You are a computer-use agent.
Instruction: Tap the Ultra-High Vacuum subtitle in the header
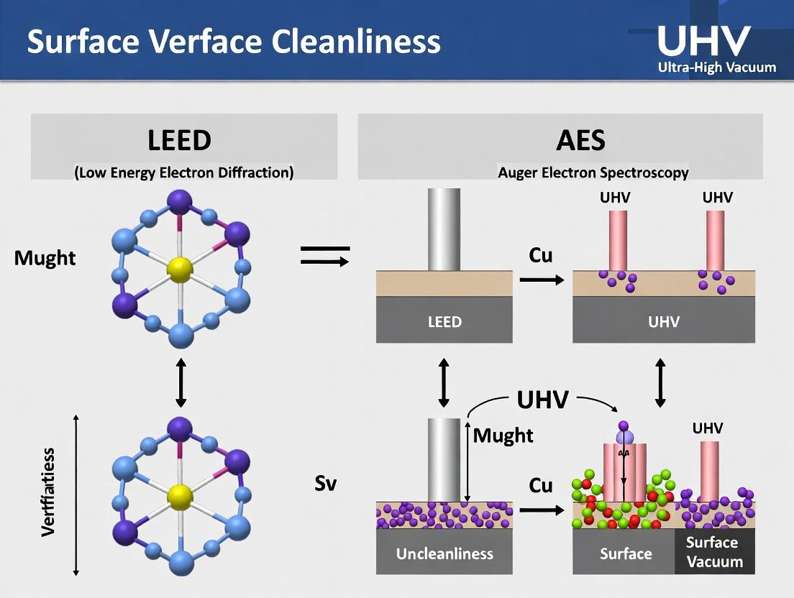pyautogui.click(x=717, y=68)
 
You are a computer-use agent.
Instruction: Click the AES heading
pyautogui.click(x=580, y=139)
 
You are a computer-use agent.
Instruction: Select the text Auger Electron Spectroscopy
pyautogui.click(x=593, y=172)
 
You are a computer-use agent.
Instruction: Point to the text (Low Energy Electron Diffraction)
pyautogui.click(x=183, y=172)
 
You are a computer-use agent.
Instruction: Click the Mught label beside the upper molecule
pyautogui.click(x=45, y=258)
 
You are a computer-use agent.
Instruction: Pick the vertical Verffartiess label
pyautogui.click(x=49, y=492)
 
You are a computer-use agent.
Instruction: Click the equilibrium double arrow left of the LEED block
pyautogui.click(x=324, y=255)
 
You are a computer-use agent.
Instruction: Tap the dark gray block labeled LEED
pyautogui.click(x=444, y=321)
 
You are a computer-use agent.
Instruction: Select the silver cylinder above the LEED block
pyautogui.click(x=444, y=229)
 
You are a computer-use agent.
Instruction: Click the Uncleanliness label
pyautogui.click(x=444, y=553)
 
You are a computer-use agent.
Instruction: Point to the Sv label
pyautogui.click(x=326, y=483)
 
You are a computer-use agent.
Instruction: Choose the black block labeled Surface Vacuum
pyautogui.click(x=715, y=552)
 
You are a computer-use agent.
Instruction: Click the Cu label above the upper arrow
pyautogui.click(x=541, y=255)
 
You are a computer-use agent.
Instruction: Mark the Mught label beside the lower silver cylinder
pyautogui.click(x=503, y=435)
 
